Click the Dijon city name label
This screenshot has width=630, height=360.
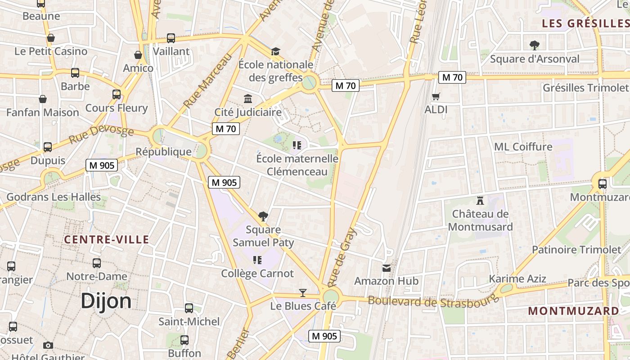106,301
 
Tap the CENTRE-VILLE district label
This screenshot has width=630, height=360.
106,239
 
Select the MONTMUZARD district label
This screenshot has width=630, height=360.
573,311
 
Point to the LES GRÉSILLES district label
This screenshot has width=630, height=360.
585,23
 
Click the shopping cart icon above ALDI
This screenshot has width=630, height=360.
436,96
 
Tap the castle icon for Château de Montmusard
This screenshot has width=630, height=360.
480,200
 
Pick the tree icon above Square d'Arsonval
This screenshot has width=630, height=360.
535,45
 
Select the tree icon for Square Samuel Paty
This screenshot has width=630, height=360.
263,216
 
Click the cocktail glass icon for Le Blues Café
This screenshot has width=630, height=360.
303,293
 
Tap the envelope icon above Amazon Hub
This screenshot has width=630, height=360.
386,268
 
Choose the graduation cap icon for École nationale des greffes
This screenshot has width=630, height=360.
275,52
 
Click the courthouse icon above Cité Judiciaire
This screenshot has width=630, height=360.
247,99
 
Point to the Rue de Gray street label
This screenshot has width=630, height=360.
342,257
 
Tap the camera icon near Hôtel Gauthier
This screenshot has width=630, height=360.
48,345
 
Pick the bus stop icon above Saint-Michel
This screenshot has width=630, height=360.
189,308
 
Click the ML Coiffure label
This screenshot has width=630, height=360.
523,147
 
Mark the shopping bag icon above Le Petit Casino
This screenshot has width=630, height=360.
51,38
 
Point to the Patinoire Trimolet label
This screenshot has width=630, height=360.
576,249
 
